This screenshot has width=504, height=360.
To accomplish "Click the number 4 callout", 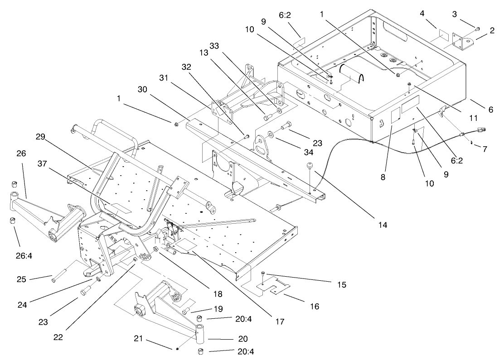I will point(422,14).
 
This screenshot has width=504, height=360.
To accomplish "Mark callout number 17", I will point(279,322).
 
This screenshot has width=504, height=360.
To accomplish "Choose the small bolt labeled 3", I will point(478,29).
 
